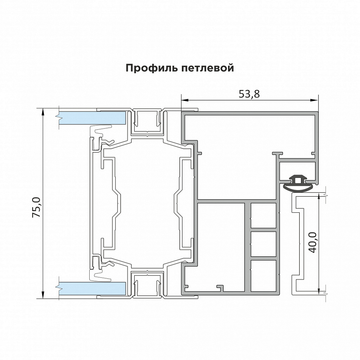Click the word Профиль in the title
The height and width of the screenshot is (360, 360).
tap(148, 68)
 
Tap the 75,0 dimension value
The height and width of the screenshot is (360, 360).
tap(37, 207)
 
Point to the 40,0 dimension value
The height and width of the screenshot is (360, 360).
tap(312, 242)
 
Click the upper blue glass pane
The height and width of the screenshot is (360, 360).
tap(92, 117)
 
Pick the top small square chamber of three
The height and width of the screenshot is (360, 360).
tap(264, 215)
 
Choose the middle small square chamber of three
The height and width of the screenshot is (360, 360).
tap(264, 244)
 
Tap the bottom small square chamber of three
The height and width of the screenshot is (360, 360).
tap(264, 276)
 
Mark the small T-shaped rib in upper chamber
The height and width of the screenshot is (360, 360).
tap(278, 154)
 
